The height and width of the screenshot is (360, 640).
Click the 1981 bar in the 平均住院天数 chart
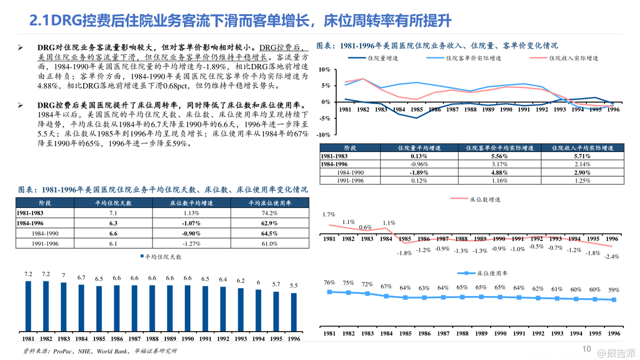pos(28,307)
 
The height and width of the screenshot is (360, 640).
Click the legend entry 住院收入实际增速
pos(573,58)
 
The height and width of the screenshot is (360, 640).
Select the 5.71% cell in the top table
pos(582,156)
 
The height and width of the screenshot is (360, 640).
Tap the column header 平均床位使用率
pos(269,203)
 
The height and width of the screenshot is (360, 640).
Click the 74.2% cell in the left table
pos(269,213)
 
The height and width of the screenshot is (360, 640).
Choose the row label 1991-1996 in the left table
pos(45,243)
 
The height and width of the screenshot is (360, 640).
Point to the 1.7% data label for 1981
pos(329,214)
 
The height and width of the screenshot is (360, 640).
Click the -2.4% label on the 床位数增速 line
pos(612,257)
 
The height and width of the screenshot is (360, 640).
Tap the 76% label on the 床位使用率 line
pos(329,283)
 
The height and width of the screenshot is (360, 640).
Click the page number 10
pos(586,349)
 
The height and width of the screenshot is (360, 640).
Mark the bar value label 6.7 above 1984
pos(81,277)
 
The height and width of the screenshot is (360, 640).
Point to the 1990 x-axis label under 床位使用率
pos(500,333)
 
